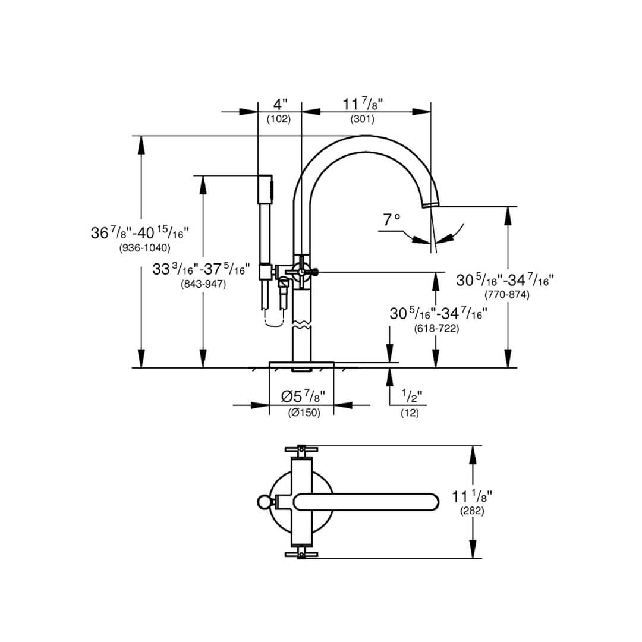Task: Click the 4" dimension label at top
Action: click(281, 105)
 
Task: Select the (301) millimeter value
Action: click(363, 119)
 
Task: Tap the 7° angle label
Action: click(392, 220)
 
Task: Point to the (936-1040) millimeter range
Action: click(144, 248)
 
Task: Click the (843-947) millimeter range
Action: click(203, 284)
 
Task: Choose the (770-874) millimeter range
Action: click(507, 294)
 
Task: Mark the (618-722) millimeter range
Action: click(436, 328)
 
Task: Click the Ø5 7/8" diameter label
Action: click(303, 396)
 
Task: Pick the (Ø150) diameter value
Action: click(304, 413)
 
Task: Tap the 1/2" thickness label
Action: click(411, 396)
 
